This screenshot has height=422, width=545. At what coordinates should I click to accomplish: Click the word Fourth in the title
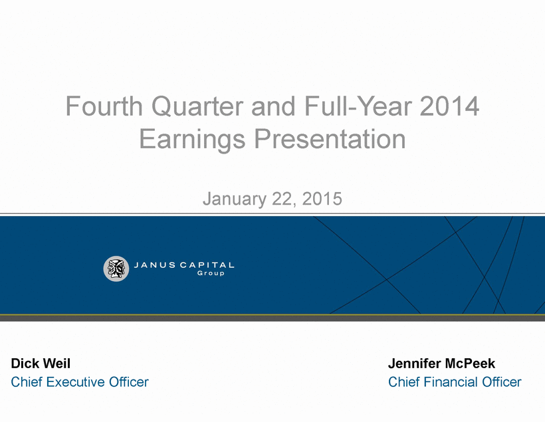(104, 106)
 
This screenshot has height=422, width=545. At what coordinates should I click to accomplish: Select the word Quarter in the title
(197, 106)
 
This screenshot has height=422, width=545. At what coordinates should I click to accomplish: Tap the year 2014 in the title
(449, 106)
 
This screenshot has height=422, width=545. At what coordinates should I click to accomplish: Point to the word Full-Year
(358, 106)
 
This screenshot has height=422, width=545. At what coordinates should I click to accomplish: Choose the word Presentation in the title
(330, 139)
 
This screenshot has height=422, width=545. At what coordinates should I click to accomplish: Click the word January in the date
(235, 199)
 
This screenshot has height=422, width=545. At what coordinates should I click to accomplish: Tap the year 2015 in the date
(322, 199)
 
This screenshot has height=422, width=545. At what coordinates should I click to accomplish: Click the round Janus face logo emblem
(116, 268)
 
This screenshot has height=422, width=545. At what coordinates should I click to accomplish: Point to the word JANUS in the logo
(155, 265)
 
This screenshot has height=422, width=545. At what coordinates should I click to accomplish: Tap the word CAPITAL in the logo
(207, 265)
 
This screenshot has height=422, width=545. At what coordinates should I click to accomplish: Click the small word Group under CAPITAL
(211, 273)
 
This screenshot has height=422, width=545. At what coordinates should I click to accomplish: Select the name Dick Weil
(41, 364)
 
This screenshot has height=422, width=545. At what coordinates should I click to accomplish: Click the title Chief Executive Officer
(80, 382)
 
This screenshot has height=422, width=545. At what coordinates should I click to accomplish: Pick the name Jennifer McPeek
(441, 364)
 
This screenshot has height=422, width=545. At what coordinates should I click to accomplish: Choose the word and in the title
(274, 106)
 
